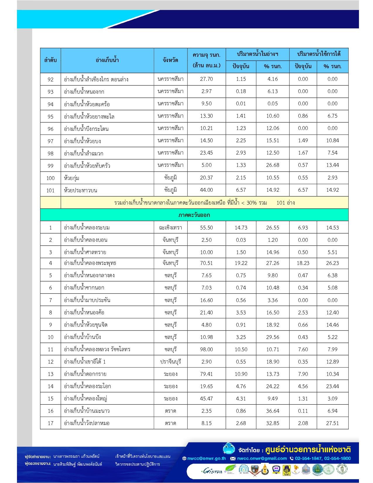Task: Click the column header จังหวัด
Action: coord(171,60)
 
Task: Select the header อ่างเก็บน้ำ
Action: coord(107,60)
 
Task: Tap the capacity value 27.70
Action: coord(206,79)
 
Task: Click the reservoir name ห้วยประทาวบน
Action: coord(80,190)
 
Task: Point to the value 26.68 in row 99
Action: coord(272,165)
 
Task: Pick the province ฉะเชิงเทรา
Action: coord(171,227)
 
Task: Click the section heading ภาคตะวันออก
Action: coord(194,215)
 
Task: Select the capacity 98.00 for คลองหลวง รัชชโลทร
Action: coord(206,349)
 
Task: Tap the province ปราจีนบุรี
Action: coord(171,362)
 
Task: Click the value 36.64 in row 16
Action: coord(272,411)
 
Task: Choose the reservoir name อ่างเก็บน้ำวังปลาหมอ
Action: coord(87,423)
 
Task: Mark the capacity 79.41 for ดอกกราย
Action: coord(206,374)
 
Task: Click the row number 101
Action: coord(50,190)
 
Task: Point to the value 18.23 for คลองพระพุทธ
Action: coord(303,263)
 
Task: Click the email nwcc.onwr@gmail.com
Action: coord(262,458)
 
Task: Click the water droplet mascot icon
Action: coord(228,448)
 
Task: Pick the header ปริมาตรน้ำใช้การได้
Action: coord(319,54)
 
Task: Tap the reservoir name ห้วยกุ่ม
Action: coord(72,178)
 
